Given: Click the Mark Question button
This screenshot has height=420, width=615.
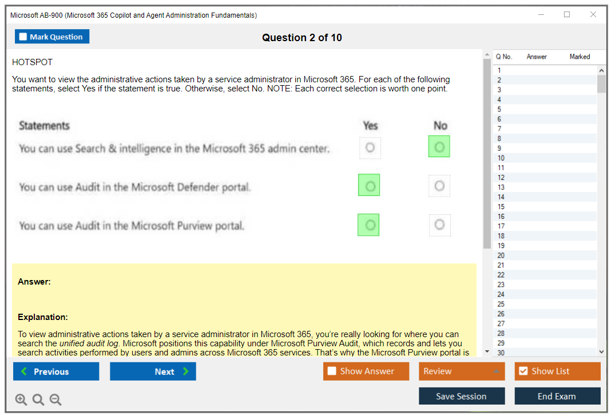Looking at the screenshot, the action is tap(51, 37).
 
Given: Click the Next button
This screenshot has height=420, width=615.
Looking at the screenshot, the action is tap(153, 371).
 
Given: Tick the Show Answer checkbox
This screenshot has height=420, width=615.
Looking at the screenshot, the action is tap(332, 371).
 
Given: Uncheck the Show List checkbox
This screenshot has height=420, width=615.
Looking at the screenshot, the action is tap(523, 371).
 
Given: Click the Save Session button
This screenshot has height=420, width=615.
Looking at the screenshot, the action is tap(462, 396).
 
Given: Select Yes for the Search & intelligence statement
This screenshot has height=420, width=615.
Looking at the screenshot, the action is tap(370, 147).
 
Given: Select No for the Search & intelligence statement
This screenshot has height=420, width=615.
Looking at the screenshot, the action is tap(439, 146).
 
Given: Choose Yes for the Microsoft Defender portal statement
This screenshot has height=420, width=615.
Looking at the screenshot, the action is tap(369, 185).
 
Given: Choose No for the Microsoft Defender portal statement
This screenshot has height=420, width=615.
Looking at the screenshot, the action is tap(439, 186).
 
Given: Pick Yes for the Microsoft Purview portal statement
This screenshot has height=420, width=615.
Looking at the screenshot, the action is tap(368, 225).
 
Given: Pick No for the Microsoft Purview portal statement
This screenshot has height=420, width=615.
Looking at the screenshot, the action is tap(440, 225).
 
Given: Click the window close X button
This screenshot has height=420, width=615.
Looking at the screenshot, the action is tap(593, 14).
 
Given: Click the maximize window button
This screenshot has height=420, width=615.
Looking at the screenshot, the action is tap(567, 14).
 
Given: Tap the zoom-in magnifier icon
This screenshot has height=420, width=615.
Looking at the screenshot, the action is tap(21, 399).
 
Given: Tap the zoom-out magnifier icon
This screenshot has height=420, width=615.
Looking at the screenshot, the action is tap(55, 399).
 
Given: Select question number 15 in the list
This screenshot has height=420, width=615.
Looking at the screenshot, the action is tap(501, 207).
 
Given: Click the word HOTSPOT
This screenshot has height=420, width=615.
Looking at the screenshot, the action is tap(32, 62).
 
